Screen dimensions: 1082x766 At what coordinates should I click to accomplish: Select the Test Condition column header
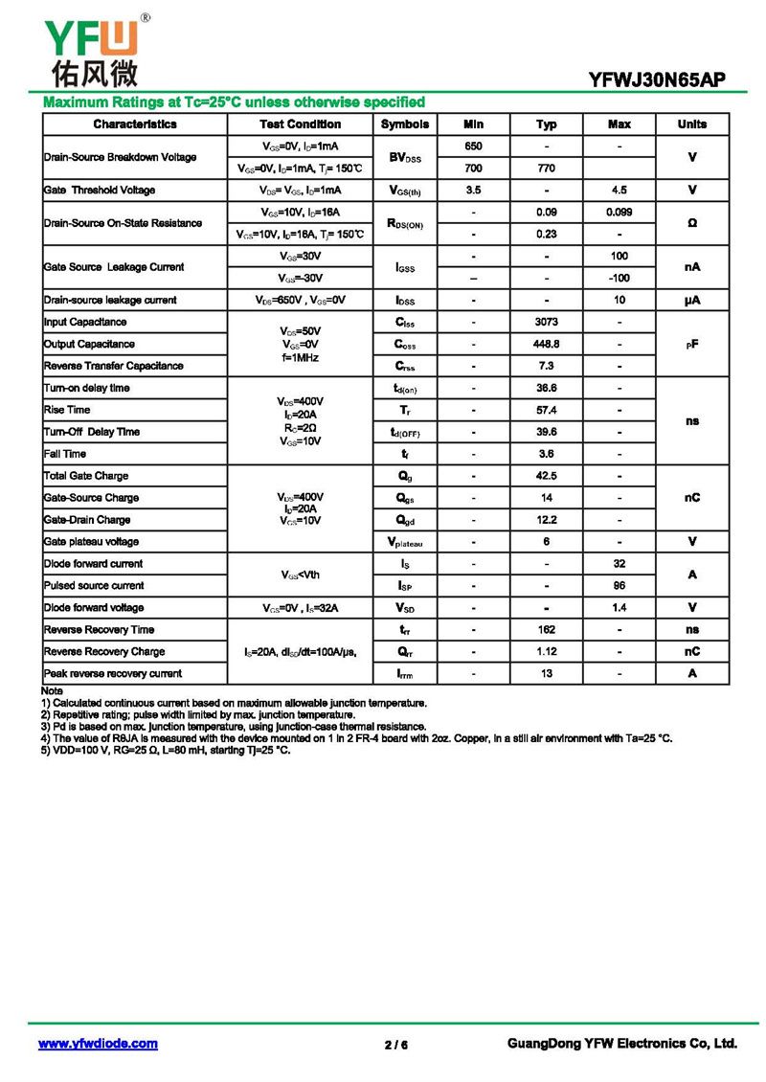coord(300,124)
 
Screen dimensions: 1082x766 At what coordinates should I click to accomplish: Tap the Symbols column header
coord(405,124)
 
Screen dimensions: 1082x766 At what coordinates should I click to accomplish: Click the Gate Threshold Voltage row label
coord(100,191)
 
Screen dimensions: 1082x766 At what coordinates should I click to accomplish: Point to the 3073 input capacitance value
coord(547,323)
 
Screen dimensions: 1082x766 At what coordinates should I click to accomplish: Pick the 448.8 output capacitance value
coord(547,344)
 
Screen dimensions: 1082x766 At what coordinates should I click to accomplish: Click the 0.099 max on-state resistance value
coord(620,212)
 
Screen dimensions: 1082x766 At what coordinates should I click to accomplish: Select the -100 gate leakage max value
coord(620,278)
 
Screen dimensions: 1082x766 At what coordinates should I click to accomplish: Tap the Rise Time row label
coord(67,410)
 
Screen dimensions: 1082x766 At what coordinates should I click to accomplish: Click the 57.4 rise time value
coord(547,410)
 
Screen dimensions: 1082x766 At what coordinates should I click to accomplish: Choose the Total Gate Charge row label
coord(86,476)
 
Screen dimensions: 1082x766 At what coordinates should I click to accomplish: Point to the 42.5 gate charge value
coord(547,476)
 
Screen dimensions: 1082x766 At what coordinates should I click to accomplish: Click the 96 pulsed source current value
coord(620,585)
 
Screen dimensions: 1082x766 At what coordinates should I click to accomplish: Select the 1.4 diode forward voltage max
coord(620,608)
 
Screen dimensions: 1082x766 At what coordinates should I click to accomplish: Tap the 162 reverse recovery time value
coord(547,630)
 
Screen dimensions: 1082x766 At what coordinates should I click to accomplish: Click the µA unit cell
coord(692,301)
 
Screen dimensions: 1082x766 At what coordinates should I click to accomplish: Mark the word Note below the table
coord(52,691)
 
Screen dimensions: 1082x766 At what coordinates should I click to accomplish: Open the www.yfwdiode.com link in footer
coord(98,1044)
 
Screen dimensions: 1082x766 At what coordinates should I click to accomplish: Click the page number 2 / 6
coord(396,1045)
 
